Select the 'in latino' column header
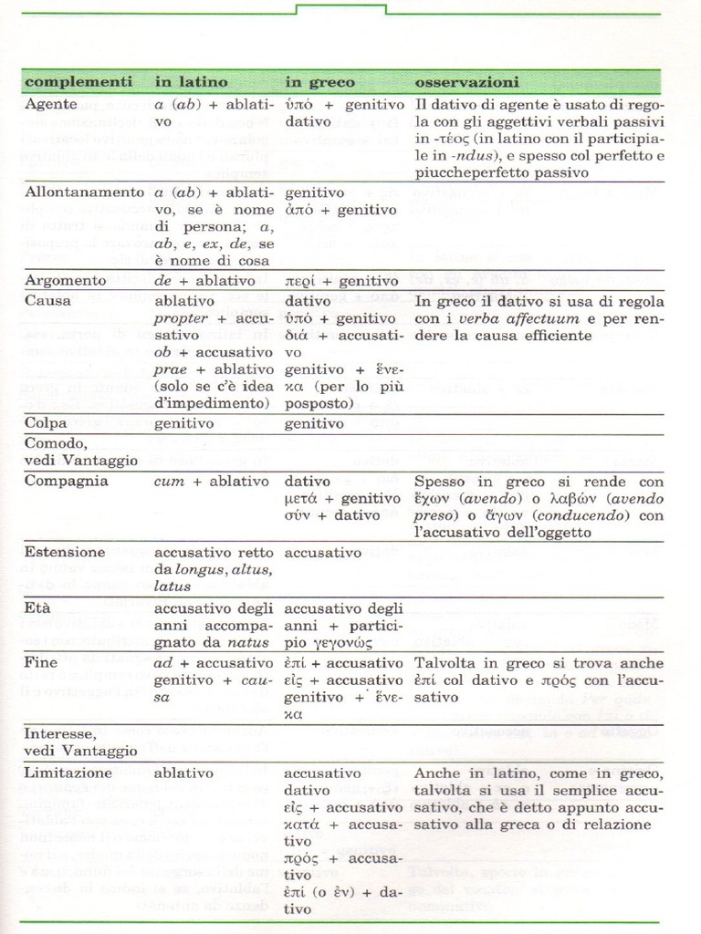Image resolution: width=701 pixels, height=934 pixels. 191,81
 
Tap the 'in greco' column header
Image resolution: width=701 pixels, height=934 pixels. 319,81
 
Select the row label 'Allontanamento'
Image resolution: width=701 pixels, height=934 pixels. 84,192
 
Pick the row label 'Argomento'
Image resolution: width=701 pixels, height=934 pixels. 66,281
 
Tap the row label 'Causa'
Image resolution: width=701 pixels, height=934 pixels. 47,299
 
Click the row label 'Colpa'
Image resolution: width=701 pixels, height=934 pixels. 47,424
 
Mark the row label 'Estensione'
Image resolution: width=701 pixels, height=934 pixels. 65,552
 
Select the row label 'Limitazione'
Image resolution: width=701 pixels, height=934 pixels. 68,773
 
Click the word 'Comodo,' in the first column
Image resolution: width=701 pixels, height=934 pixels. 56,442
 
